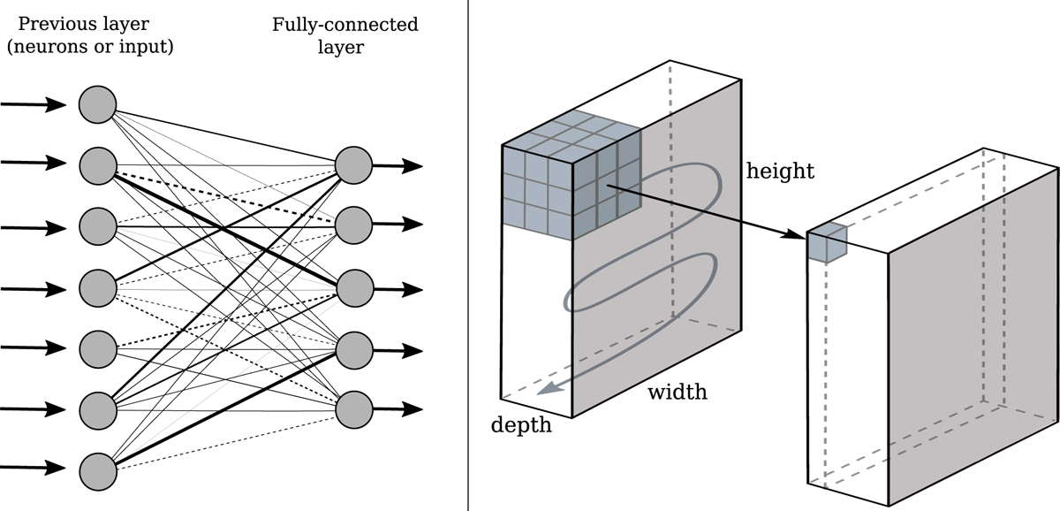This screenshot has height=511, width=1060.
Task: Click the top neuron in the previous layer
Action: [x=97, y=105]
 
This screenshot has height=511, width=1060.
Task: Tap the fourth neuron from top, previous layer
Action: [x=97, y=286]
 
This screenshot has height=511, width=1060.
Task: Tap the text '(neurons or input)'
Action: [x=89, y=47]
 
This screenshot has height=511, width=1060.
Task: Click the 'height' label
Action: [x=780, y=172]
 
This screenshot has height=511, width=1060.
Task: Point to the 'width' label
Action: [x=678, y=392]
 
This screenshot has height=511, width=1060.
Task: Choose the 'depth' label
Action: [x=521, y=425]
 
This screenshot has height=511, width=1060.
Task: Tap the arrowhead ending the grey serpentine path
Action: [x=550, y=386]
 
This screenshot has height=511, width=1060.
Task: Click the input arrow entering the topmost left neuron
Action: [x=34, y=105]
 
